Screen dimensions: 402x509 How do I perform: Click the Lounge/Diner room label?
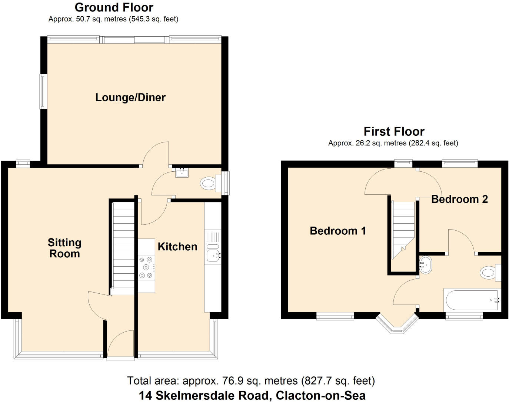coord(130,98)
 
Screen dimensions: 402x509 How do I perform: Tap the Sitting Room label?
coord(64,248)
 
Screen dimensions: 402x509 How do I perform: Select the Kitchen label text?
coord(177,247)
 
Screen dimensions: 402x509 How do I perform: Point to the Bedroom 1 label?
coord(337,231)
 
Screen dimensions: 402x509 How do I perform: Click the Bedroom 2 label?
coord(459,199)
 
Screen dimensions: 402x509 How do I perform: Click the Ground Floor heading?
coord(114,7)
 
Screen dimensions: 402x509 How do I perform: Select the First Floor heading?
coord(394,131)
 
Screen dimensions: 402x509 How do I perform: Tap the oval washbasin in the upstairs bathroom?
coord(426,265)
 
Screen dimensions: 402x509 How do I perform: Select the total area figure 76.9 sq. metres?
coord(251,381)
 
